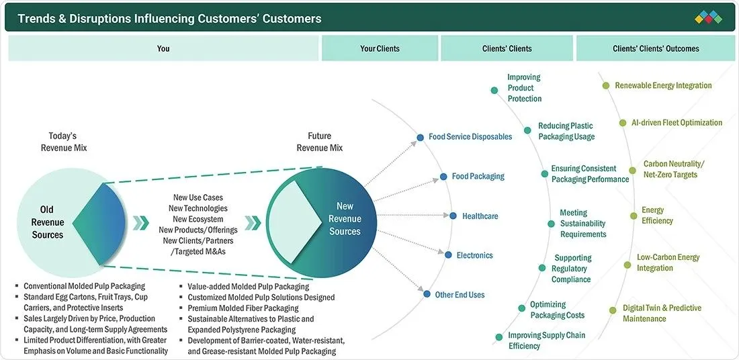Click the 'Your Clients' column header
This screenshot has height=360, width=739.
pyautogui.click(x=380, y=48)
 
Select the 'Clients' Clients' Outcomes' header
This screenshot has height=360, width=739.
pyautogui.click(x=656, y=48)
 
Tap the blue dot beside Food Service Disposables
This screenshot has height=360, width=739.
pyautogui.click(x=421, y=138)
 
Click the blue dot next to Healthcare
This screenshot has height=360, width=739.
pyautogui.click(x=453, y=216)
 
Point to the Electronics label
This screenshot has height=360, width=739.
pyautogui.click(x=474, y=255)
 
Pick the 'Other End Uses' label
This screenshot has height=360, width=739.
pyautogui.click(x=460, y=294)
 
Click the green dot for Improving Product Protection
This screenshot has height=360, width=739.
pyautogui.click(x=494, y=91)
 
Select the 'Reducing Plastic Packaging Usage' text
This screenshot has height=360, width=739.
pyautogui.click(x=566, y=132)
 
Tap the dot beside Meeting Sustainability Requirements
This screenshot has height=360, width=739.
pyautogui.click(x=551, y=224)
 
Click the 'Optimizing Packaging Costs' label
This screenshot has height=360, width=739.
pyautogui.click(x=557, y=310)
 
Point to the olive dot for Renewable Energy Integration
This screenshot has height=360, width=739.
pyautogui.click(x=606, y=86)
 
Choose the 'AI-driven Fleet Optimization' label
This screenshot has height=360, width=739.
pyautogui.click(x=677, y=122)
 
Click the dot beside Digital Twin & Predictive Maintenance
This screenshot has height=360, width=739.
pyautogui.click(x=613, y=310)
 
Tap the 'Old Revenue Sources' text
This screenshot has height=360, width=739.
pyautogui.click(x=47, y=222)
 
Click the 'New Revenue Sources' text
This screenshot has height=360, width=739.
pyautogui.click(x=345, y=219)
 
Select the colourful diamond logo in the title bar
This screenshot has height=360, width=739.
pyautogui.click(x=708, y=17)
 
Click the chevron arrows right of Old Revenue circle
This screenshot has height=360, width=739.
pyautogui.click(x=140, y=223)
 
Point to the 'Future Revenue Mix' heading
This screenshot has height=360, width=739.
pyautogui.click(x=320, y=142)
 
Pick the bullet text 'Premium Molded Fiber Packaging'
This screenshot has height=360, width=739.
pyautogui.click(x=243, y=308)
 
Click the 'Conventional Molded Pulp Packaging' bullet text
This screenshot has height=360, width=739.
pyautogui.click(x=85, y=286)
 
